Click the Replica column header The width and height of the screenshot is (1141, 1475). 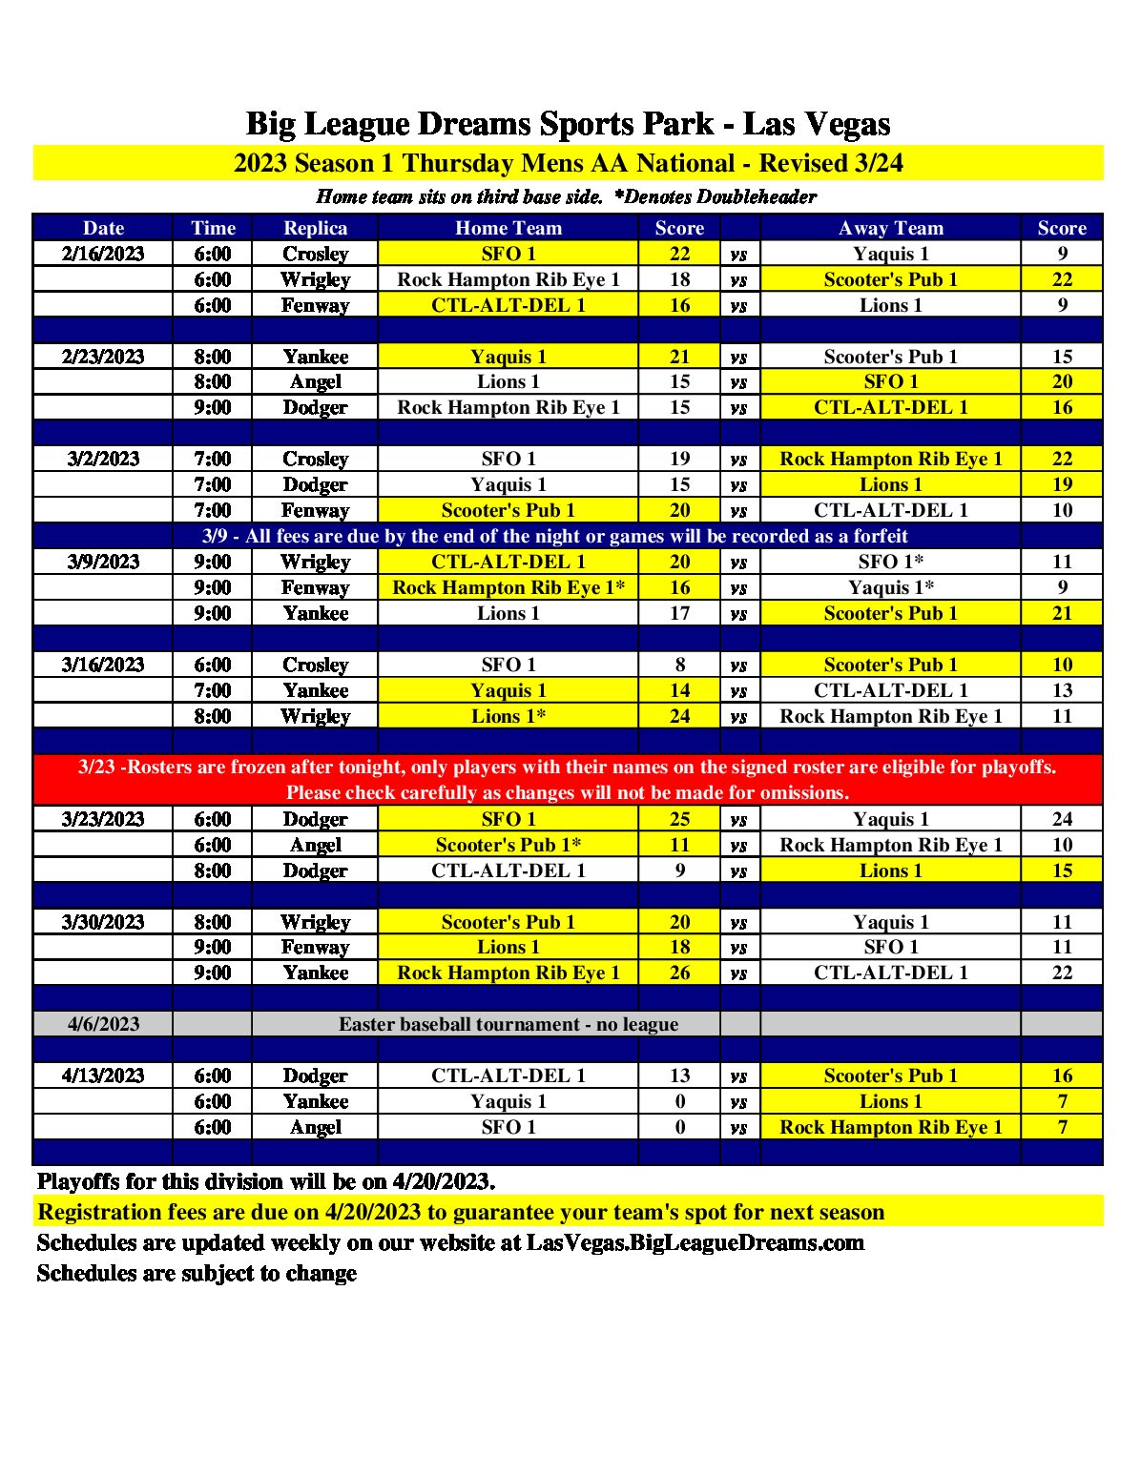(315, 228)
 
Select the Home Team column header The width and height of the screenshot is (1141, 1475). (508, 228)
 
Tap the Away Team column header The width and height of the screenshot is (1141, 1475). (890, 228)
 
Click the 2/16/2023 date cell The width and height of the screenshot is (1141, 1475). (103, 254)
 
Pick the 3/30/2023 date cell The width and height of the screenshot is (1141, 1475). (103, 922)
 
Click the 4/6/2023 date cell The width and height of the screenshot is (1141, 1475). (103, 1024)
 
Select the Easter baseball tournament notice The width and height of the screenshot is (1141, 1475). (508, 1024)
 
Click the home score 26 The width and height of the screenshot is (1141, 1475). (679, 973)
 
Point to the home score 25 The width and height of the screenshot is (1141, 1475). (679, 819)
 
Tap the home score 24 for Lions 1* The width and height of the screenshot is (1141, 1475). (679, 716)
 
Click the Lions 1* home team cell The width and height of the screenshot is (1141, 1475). (508, 716)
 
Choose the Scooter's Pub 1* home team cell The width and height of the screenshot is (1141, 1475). (508, 845)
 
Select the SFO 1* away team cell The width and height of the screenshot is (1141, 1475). (890, 562)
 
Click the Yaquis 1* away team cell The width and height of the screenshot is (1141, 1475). (890, 587)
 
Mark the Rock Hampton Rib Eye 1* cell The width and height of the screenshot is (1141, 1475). (508, 587)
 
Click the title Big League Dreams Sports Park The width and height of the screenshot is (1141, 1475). (481, 124)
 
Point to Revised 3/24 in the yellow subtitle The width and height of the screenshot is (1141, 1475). (830, 163)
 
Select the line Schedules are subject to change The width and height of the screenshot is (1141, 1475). (197, 1273)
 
